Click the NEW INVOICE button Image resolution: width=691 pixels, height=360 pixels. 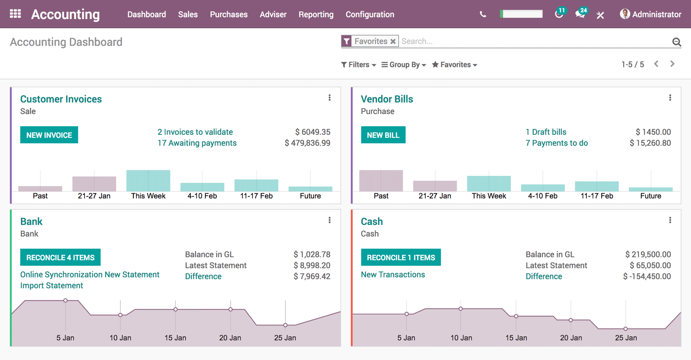(49, 135)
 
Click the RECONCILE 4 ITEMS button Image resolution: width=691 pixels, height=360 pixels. (60, 258)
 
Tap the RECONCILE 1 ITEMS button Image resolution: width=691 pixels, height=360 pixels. (400, 258)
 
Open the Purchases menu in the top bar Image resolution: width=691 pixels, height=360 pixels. (228, 14)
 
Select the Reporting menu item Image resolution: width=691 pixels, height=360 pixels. (316, 14)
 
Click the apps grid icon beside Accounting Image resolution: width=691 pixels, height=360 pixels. (16, 14)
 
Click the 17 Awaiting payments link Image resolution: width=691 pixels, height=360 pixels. (197, 143)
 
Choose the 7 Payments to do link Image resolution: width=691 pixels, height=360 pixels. (556, 143)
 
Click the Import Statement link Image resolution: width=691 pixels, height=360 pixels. (51, 286)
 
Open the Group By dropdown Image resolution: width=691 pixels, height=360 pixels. (403, 65)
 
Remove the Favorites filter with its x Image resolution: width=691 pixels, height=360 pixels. (393, 41)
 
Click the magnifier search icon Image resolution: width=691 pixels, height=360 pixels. (676, 42)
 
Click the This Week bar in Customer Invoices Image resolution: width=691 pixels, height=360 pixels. (148, 181)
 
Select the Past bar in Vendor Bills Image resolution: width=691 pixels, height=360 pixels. (381, 181)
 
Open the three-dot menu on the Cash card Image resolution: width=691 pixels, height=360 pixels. (670, 220)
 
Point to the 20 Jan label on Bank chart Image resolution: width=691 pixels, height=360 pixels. (230, 338)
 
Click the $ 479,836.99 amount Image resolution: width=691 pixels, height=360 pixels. (307, 143)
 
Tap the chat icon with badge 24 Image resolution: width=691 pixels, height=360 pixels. (580, 14)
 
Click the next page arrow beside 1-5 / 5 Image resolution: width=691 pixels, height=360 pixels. (672, 64)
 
